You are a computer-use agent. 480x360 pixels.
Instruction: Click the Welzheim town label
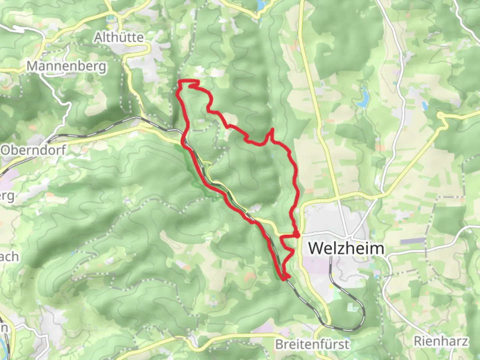coord(346,249)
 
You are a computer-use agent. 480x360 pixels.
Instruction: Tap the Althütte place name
coord(119,37)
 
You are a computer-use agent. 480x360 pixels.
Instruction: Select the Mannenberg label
coord(67,66)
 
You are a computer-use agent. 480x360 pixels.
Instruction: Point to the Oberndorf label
coord(33,150)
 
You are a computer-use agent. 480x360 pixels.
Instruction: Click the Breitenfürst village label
coord(312,344)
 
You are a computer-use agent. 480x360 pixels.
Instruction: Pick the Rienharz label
coord(441,341)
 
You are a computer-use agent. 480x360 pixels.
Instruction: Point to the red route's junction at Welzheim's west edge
coord(296,236)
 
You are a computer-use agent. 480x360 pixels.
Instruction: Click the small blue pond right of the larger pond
coord(425,106)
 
